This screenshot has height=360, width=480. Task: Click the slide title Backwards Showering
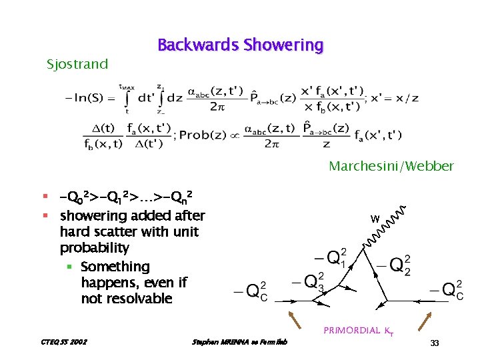(x=240, y=45)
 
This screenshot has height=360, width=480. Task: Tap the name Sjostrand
(x=77, y=65)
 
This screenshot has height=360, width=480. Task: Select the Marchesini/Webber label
(x=391, y=166)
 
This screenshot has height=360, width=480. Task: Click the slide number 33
(x=435, y=343)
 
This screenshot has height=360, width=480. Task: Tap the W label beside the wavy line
(x=375, y=219)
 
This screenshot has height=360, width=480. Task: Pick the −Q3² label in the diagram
(x=307, y=281)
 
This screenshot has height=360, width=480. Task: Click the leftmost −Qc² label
(x=251, y=291)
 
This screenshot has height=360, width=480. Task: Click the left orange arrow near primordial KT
(x=295, y=321)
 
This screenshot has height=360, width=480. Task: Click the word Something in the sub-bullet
(x=115, y=267)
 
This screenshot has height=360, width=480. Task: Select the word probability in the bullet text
(x=94, y=248)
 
